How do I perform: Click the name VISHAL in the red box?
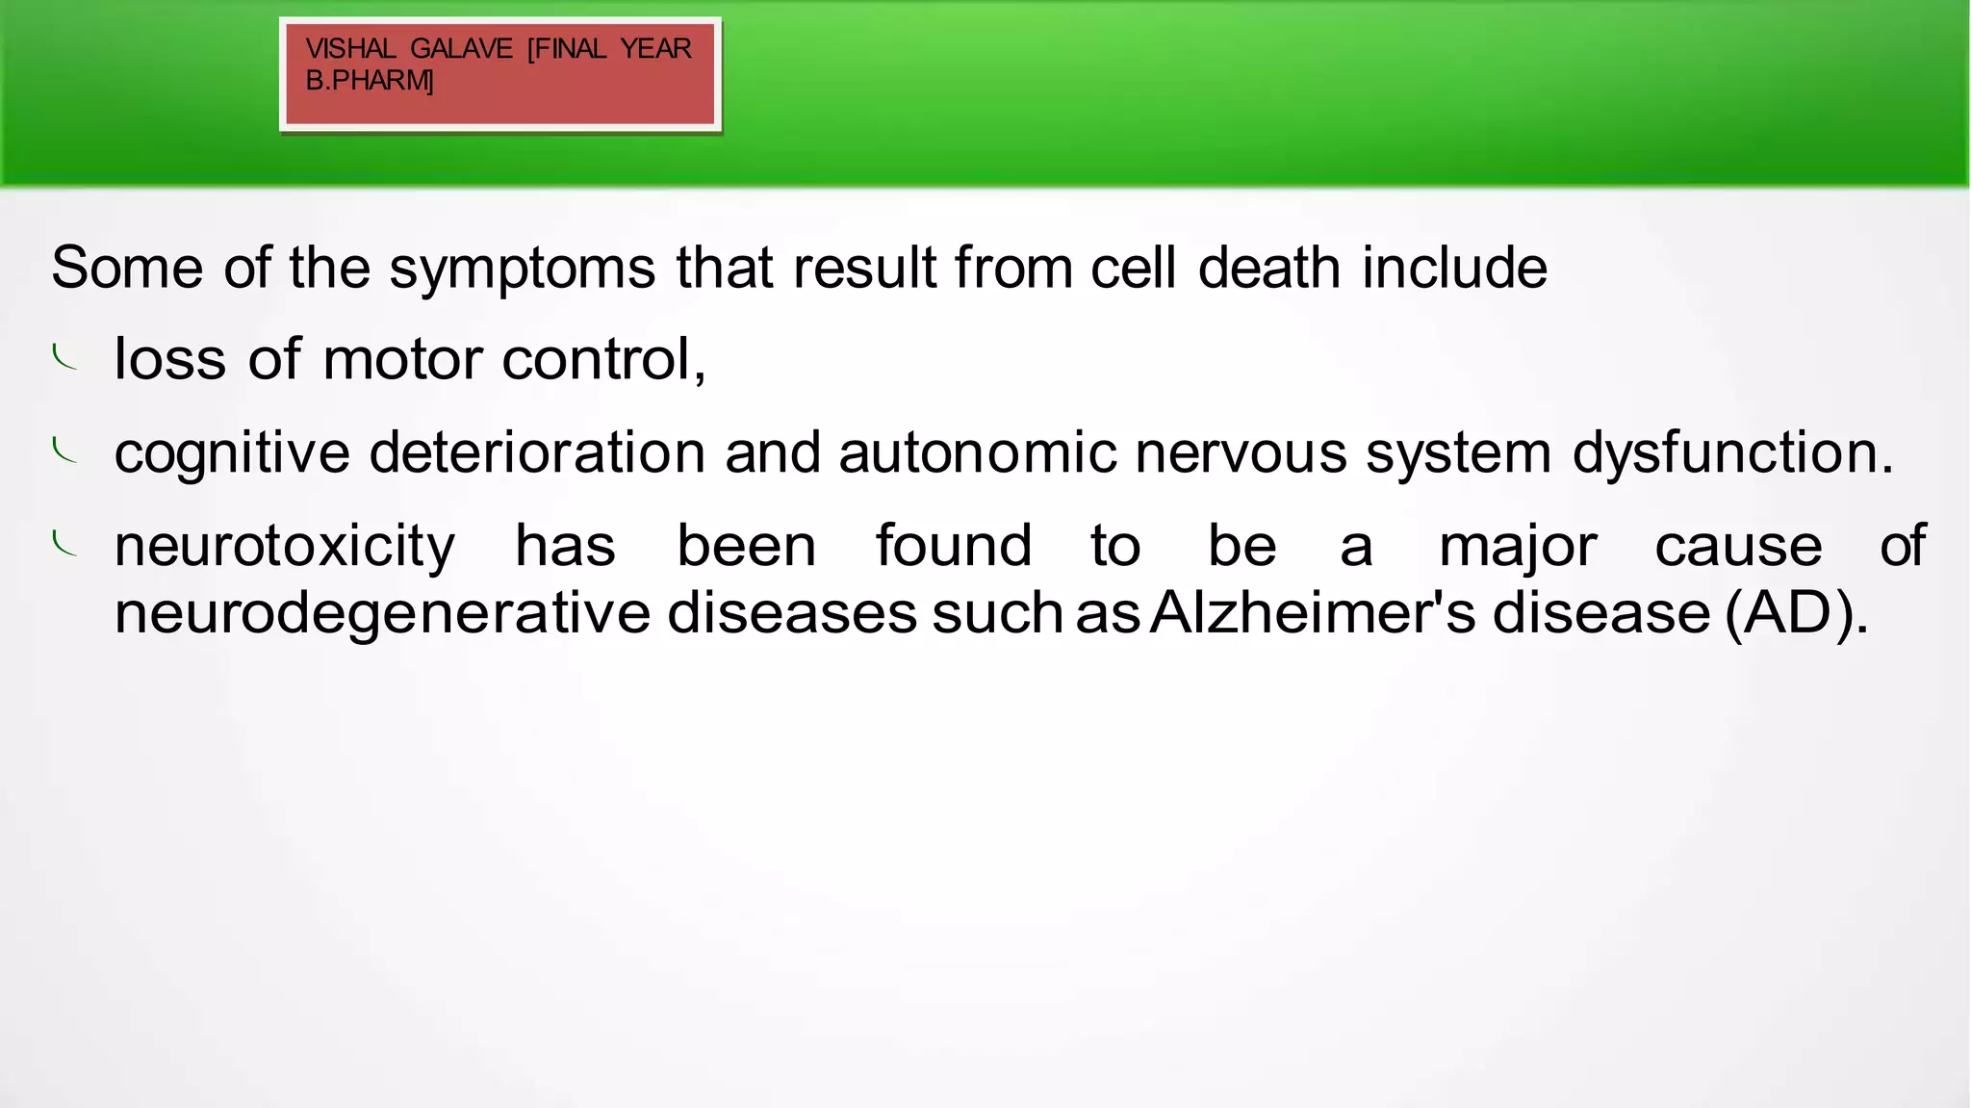coord(350,49)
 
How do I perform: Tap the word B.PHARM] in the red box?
coord(370,81)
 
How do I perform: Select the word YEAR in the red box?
coord(655,49)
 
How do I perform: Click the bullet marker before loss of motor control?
coord(64,358)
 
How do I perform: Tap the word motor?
coord(402,359)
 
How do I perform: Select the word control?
coord(604,359)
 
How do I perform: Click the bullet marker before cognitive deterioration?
coord(64,451)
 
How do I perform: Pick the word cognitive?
coord(232,453)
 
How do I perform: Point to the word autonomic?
coord(978,452)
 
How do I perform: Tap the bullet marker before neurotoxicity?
coord(64,544)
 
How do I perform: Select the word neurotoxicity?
coord(285,547)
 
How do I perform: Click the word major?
coord(1518,547)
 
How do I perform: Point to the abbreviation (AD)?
coord(1796,613)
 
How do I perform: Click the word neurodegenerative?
coord(382,614)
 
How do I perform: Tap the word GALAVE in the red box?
coord(461,49)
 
